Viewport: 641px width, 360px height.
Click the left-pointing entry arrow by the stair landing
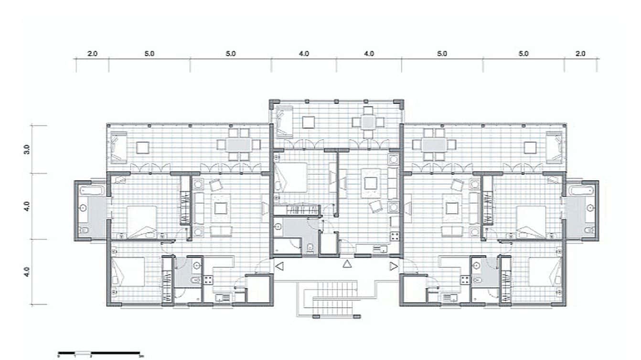pos(280,266)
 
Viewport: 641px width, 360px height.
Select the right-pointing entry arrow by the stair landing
pos(393,266)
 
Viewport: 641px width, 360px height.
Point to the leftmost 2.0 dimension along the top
pos(92,54)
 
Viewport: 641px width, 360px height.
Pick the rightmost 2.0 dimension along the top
pos(580,54)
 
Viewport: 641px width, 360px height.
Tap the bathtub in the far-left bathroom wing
pos(91,191)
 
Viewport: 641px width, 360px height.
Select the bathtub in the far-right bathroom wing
pos(581,191)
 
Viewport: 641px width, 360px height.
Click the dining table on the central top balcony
pos(367,122)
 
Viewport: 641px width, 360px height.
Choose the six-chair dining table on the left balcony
pos(236,144)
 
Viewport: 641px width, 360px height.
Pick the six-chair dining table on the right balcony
pos(434,144)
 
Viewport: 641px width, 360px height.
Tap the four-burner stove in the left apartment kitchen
pos(209,280)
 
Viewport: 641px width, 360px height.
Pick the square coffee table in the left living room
pos(220,208)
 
